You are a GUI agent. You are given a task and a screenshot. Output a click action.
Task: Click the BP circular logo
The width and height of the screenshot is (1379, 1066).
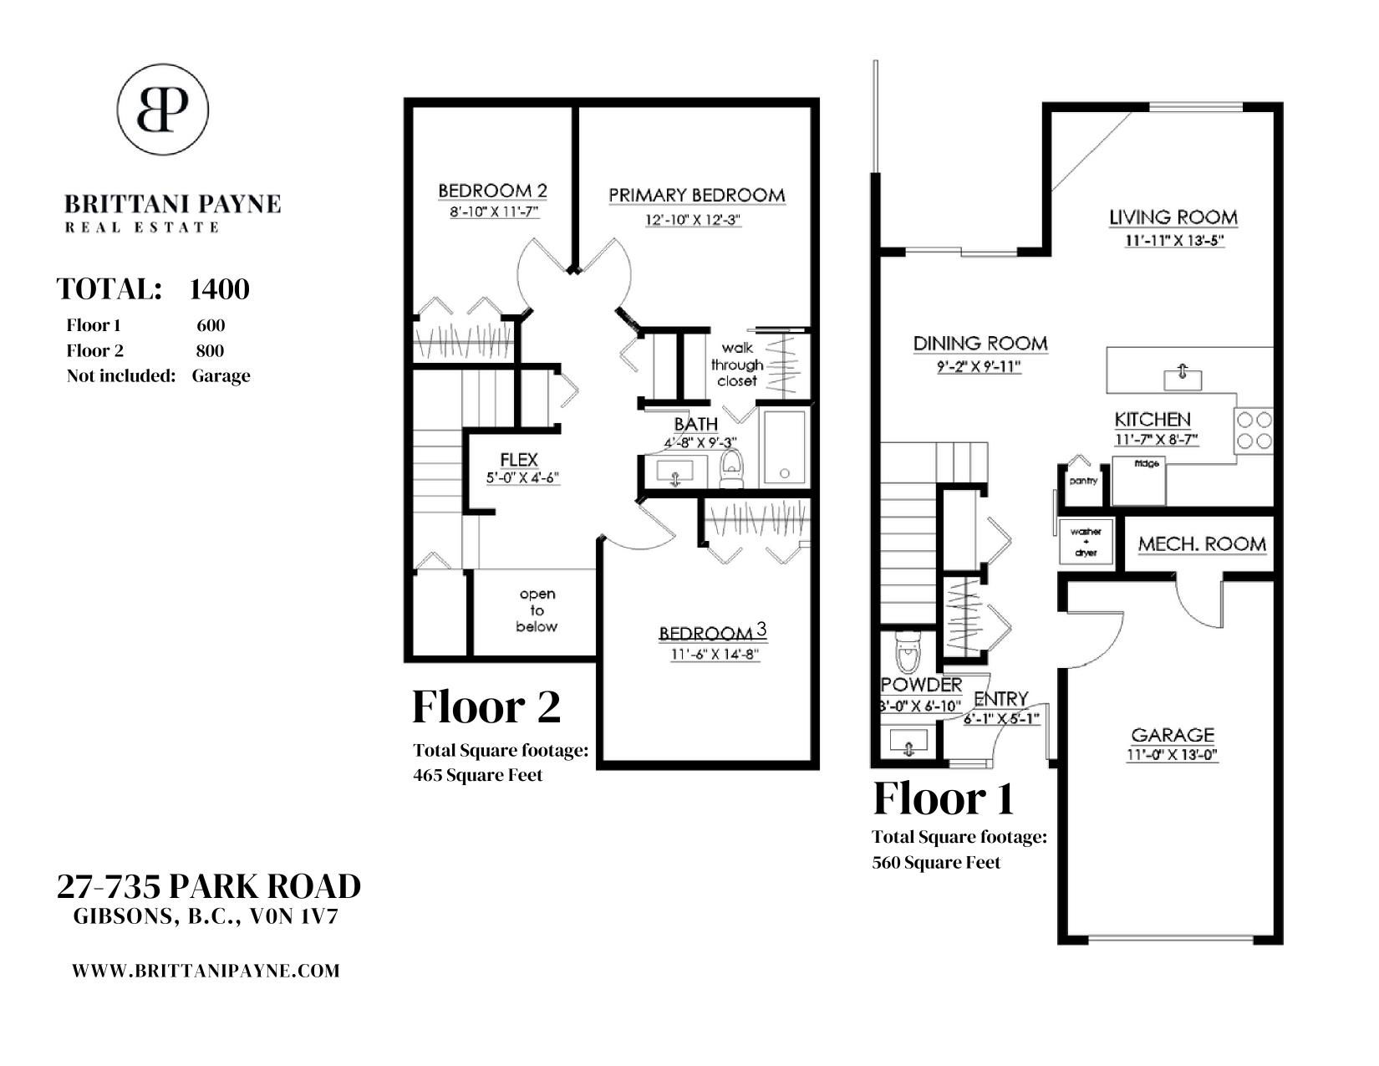point(162,110)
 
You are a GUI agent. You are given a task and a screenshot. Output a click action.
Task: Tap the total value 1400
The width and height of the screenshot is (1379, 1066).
point(219,289)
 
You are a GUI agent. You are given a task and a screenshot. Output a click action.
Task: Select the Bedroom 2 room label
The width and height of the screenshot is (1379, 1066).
point(492,191)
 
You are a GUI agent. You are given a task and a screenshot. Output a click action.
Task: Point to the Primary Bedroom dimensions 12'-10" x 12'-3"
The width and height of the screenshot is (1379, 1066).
point(693,220)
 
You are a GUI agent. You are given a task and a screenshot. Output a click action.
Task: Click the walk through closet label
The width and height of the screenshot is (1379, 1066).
point(737,365)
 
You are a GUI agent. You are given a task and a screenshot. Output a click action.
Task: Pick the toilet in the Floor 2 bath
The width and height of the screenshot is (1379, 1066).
point(731,468)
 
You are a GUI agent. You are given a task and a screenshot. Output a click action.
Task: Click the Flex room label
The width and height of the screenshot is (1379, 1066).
point(519,460)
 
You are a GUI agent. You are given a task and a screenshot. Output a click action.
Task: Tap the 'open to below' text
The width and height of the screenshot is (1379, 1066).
point(537,610)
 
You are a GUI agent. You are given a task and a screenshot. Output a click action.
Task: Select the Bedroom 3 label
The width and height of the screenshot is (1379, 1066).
point(713,632)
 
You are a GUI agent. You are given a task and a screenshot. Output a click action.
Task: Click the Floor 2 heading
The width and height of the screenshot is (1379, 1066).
point(486,706)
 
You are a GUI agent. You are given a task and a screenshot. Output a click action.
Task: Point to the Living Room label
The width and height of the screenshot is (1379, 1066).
point(1173,217)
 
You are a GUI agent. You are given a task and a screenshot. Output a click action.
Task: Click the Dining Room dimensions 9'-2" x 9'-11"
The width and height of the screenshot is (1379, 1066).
point(980,367)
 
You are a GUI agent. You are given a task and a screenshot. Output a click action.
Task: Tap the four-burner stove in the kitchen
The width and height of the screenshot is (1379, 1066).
point(1254,430)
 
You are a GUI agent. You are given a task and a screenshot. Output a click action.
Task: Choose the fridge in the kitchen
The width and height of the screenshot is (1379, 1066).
point(1139,481)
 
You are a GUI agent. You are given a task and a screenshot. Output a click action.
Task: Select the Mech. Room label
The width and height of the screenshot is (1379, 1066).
point(1202,544)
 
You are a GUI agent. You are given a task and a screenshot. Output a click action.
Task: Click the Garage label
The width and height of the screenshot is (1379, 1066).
point(1173,735)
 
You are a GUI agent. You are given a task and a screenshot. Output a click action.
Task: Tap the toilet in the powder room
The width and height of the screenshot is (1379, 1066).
point(907,652)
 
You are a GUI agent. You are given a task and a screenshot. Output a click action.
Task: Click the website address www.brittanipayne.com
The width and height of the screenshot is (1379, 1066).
point(206,971)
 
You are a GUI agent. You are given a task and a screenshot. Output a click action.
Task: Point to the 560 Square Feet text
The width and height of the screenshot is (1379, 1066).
point(936,862)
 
